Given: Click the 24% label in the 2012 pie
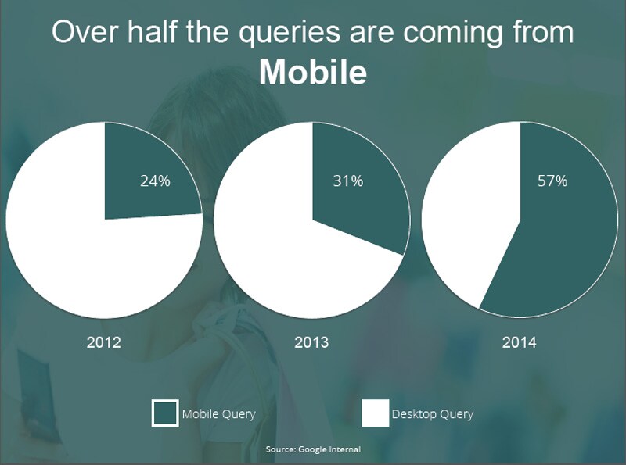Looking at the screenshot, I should coord(155,181).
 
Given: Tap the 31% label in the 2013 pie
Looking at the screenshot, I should coord(348,181).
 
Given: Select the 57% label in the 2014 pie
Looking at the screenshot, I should coord(552,181).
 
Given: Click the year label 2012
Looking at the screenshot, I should coord(104,342).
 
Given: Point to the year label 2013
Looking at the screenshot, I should coord(311,342).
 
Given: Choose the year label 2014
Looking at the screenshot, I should coord(520,342).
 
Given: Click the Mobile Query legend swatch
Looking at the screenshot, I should coord(164,413).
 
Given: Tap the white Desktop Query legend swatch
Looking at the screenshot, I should coord(376,413).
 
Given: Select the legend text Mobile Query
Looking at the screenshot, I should coord(218,413).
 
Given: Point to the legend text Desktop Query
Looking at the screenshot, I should coord(432,413).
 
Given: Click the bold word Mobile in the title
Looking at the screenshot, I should coord(312,72).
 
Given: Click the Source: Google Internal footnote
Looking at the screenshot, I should coord(313,449).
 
